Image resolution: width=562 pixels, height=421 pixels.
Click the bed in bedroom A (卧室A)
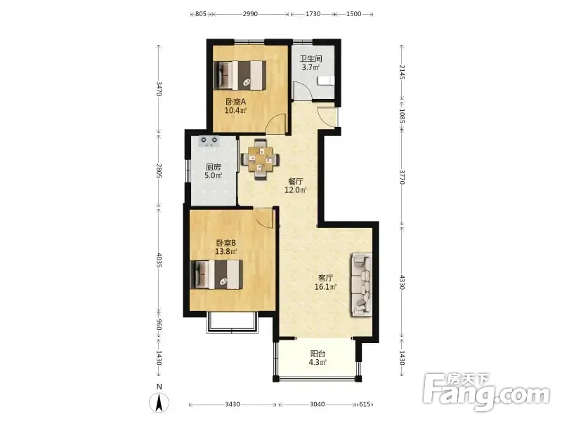[240, 75]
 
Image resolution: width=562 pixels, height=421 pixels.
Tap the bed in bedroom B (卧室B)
[216, 274]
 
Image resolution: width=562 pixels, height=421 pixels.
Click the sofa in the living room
[361, 285]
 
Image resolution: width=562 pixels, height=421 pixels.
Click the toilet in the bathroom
[325, 81]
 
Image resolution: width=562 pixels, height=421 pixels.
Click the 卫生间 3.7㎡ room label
[311, 62]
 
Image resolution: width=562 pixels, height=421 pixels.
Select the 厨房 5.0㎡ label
[214, 171]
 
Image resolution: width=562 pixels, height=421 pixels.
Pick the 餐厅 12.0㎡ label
[295, 185]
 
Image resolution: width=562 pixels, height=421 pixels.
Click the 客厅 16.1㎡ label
[325, 282]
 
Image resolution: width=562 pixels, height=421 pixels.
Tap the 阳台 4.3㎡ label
[318, 358]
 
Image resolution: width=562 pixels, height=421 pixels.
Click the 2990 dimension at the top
[250, 14]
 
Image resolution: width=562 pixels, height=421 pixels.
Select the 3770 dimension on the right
[402, 177]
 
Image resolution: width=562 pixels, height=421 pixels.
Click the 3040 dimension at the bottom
[318, 404]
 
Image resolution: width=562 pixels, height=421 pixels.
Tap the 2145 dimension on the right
[402, 73]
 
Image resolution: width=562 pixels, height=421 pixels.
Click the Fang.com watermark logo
[485, 392]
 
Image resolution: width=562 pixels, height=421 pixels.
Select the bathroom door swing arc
[301, 91]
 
